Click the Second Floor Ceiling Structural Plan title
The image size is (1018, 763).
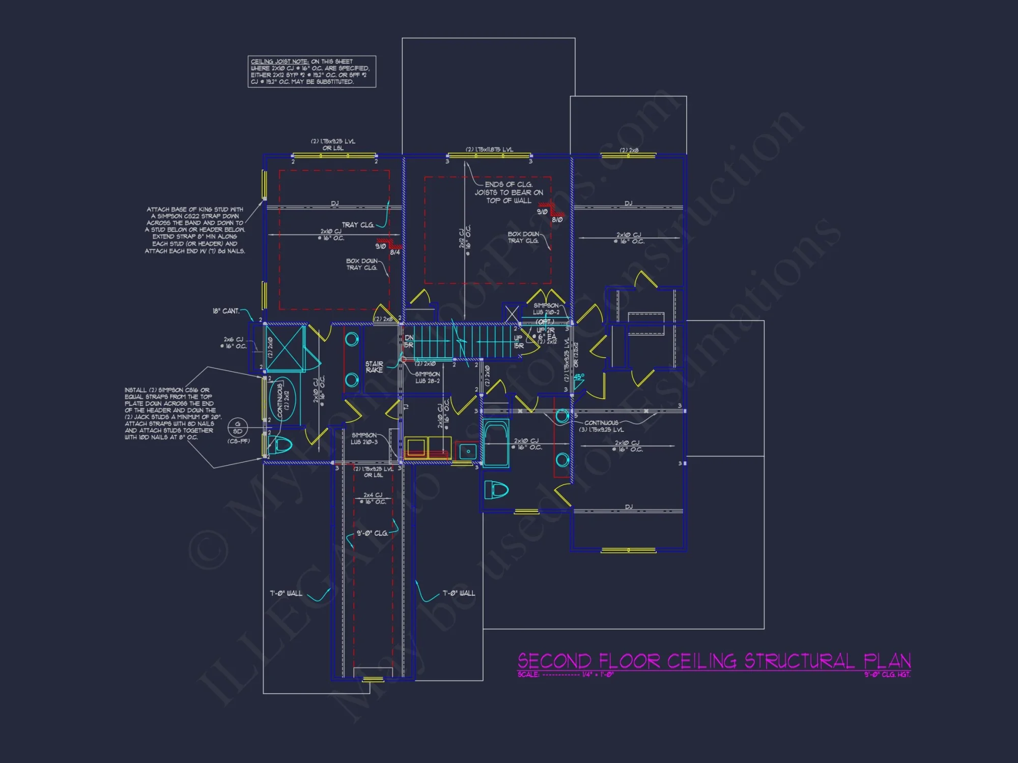click(x=714, y=661)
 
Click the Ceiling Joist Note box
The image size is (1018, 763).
click(x=312, y=72)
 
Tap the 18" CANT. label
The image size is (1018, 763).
click(x=225, y=311)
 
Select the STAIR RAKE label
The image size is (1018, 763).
click(x=374, y=367)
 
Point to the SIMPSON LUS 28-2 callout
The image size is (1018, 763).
click(x=427, y=377)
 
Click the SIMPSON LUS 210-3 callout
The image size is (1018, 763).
click(x=364, y=438)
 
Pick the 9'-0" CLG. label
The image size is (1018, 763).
click(x=372, y=533)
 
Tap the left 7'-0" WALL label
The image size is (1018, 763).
click(x=286, y=593)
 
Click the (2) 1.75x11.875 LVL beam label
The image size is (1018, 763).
click(x=489, y=150)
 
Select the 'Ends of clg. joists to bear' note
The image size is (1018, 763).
click(x=508, y=192)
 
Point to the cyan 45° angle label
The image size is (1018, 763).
click(x=579, y=377)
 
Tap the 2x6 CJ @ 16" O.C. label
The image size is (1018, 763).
click(x=233, y=342)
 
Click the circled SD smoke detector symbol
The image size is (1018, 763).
click(x=238, y=427)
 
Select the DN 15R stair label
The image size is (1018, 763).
click(x=409, y=341)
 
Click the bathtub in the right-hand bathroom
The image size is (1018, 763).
click(x=496, y=443)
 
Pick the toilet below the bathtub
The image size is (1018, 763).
click(x=496, y=490)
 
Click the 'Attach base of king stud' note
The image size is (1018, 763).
click(x=195, y=230)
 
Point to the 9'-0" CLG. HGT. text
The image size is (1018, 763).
click(x=887, y=674)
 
